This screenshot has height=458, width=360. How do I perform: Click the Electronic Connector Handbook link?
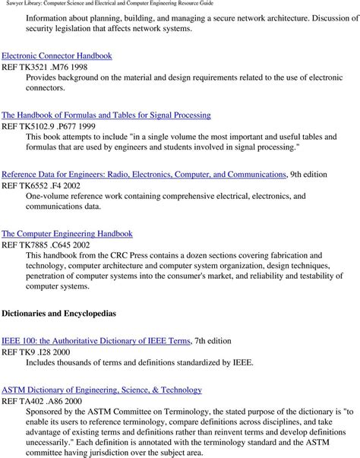click(57, 55)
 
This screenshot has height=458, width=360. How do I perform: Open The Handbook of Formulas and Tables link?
click(106, 115)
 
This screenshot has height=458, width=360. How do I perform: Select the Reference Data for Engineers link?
click(144, 174)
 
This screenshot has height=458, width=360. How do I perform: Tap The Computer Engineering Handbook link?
click(67, 233)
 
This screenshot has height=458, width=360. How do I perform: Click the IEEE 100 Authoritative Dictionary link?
click(96, 341)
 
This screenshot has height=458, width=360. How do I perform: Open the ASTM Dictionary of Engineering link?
click(102, 390)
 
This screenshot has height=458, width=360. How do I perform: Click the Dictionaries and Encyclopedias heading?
click(58, 312)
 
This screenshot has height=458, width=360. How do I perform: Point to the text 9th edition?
click(309, 174)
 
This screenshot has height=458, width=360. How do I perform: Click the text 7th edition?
click(212, 341)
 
